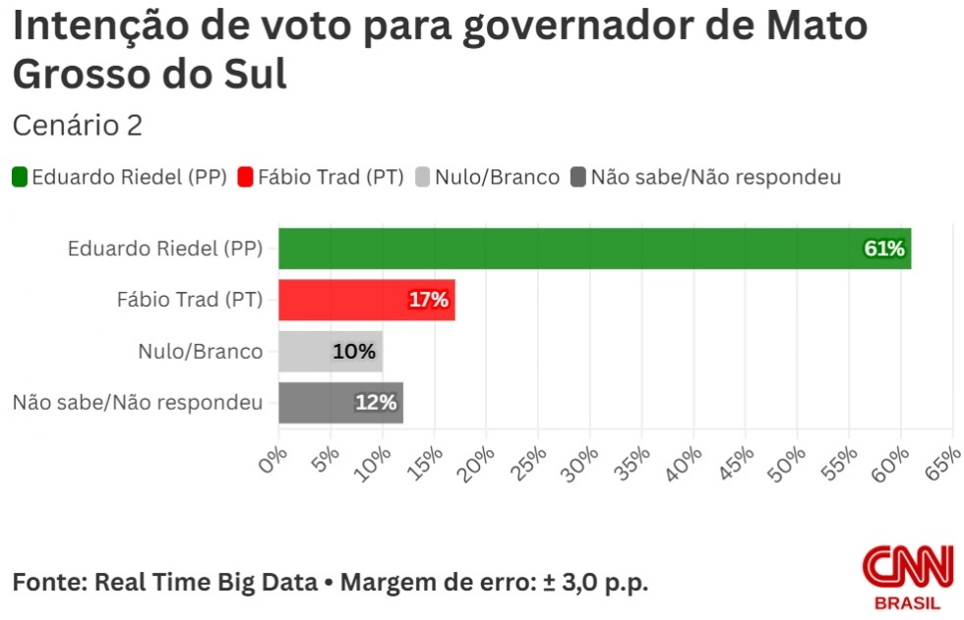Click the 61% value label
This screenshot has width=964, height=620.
[883, 249]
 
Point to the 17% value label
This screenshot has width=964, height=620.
[428, 300]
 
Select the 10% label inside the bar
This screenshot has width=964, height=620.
[354, 351]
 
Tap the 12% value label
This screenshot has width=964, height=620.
[376, 403]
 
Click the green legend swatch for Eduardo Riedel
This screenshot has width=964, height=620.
[20, 178]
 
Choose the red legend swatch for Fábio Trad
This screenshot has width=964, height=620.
[246, 178]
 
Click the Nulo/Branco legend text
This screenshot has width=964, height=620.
[497, 178]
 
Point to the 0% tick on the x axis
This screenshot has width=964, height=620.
[274, 459]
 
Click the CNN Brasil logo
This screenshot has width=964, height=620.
[907, 576]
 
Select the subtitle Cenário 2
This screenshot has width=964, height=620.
[78, 126]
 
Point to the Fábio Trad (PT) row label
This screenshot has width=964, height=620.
[190, 300]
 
